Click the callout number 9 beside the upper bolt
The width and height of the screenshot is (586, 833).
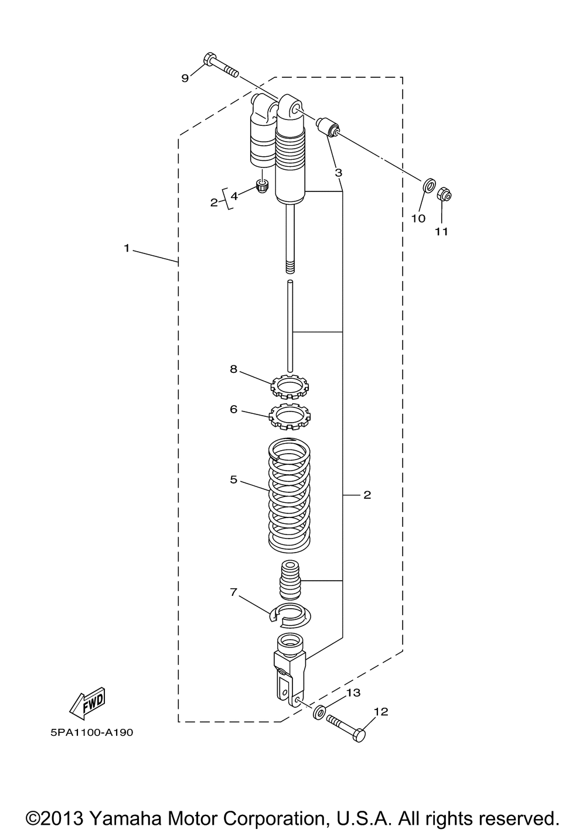pos(185,78)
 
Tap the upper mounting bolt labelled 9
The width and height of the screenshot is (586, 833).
pos(222,66)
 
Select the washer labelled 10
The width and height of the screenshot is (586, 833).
pos(429,187)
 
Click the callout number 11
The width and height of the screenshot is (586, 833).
pos(441,231)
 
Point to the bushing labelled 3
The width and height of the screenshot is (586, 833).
pos(329,126)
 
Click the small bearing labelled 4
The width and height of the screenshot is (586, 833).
pos(262,187)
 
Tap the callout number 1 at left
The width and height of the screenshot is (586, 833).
pos(127,248)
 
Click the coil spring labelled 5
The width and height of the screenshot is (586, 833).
pos(289,495)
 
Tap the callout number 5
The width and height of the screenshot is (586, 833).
pos(233,479)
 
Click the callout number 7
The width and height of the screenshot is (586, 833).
pos(233,592)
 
